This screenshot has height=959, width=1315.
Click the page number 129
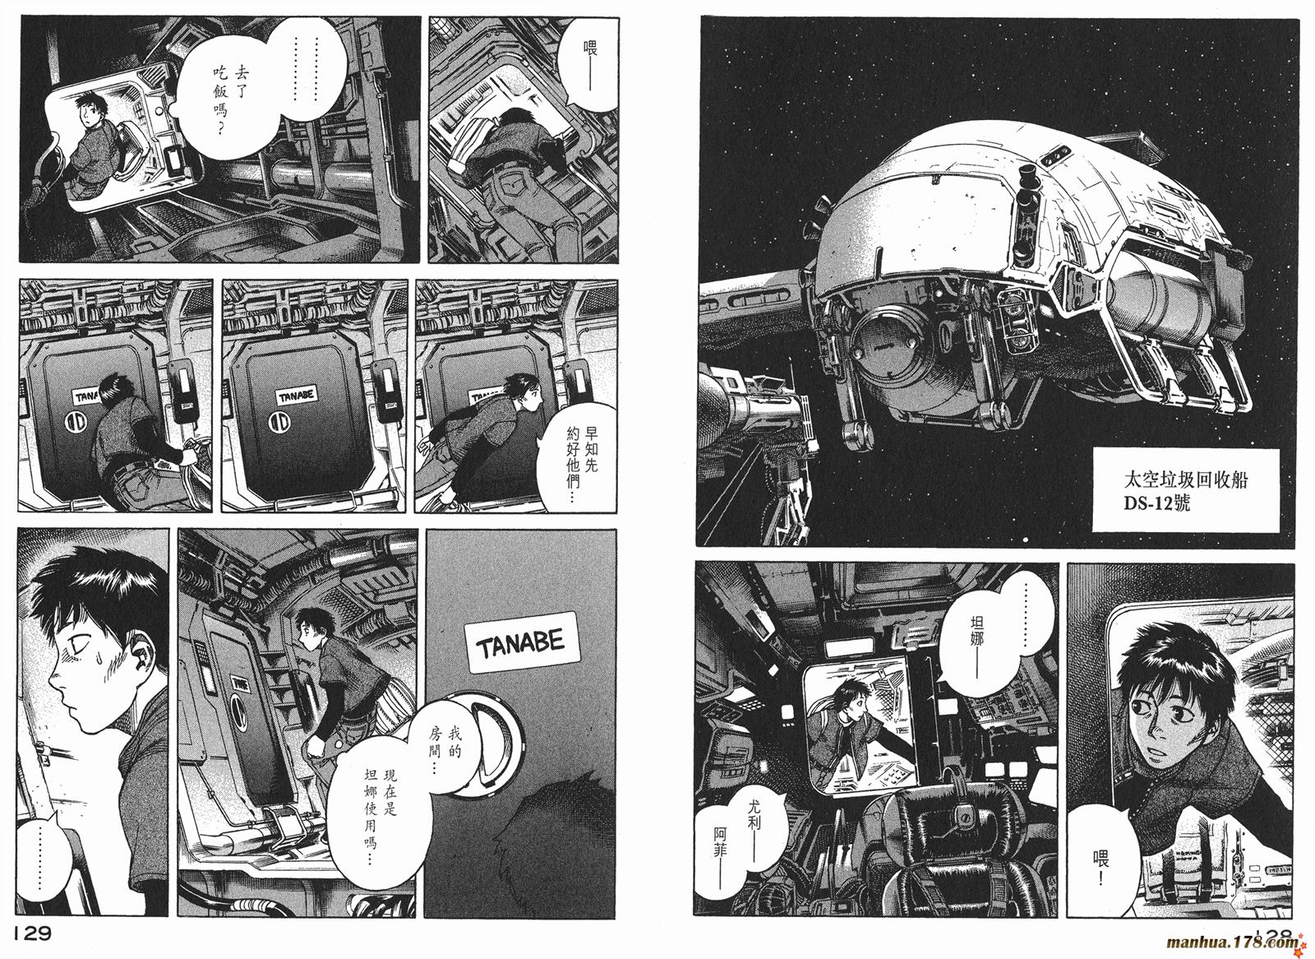32,934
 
